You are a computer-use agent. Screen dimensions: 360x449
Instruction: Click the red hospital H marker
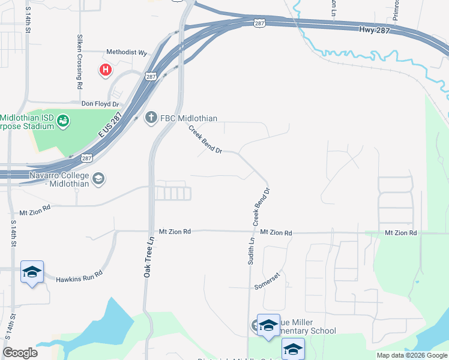pos(106,70)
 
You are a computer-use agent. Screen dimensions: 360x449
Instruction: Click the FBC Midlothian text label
pos(189,118)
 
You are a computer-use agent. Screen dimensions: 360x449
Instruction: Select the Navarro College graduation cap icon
pos(98,178)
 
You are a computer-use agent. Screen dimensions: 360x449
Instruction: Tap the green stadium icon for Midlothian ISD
pos(62,122)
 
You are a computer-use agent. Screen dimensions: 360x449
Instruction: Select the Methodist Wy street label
pos(126,52)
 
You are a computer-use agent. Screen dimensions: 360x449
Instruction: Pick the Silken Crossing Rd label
pos(79,62)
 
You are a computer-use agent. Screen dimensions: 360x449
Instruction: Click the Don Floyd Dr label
pos(97,103)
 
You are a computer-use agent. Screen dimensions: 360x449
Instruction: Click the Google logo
pos(20,353)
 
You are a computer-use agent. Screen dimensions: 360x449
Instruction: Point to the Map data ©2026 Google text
pos(411,355)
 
